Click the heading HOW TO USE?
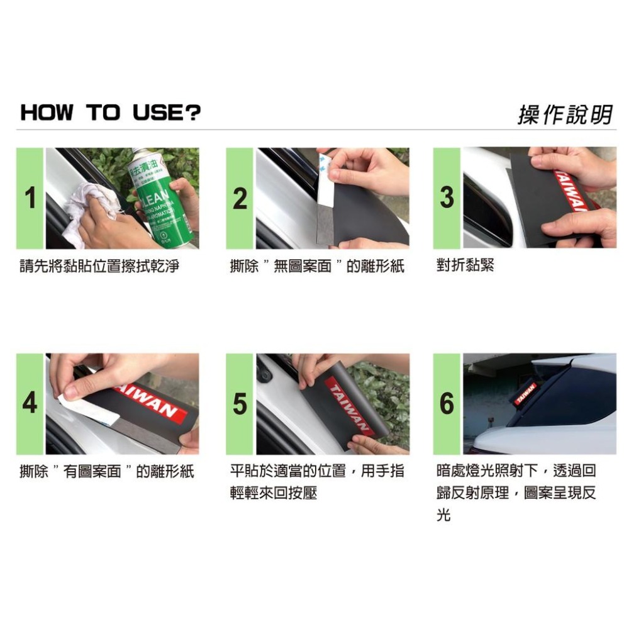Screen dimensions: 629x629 (x=111, y=113)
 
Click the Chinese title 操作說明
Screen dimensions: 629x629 (x=564, y=114)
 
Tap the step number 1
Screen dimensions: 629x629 (x=30, y=198)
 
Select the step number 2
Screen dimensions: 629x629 (x=240, y=198)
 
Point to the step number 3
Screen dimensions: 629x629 (x=447, y=198)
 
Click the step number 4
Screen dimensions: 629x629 (x=30, y=403)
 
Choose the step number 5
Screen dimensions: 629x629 (x=240, y=403)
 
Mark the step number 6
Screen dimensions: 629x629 (x=447, y=403)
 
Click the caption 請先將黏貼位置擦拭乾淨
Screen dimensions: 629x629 (x=99, y=266)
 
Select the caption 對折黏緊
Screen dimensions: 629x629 (x=465, y=266)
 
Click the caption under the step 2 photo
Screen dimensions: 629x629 (x=317, y=266)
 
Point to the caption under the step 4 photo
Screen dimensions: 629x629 (x=107, y=471)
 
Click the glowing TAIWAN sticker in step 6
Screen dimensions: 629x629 (x=526, y=392)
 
